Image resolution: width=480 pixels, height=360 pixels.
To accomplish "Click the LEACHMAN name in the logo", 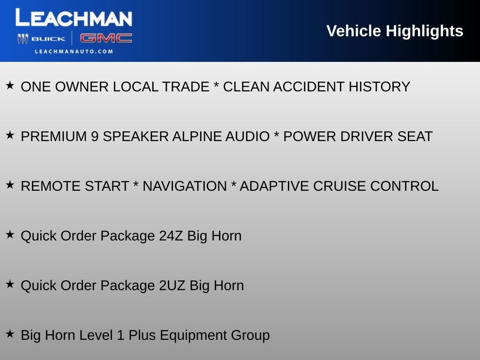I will [x=74, y=18].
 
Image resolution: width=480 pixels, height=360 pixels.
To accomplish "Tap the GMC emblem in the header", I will [x=105, y=38].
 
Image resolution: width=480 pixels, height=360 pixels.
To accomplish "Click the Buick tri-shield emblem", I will [x=23, y=39].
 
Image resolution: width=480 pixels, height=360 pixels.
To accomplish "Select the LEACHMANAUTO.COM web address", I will [x=74, y=52].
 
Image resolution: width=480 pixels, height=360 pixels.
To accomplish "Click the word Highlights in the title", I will [x=424, y=31].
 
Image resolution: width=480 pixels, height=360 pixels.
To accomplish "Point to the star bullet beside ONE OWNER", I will [x=10, y=86].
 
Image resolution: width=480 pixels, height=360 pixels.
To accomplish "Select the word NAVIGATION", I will [x=184, y=186].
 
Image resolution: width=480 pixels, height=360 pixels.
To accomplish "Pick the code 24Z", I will [x=171, y=236].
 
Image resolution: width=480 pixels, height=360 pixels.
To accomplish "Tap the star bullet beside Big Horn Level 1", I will [x=10, y=334].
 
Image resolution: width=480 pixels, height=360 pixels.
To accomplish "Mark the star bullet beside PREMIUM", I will [x=10, y=135].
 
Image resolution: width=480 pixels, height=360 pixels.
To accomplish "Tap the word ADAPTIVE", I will [x=274, y=186].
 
